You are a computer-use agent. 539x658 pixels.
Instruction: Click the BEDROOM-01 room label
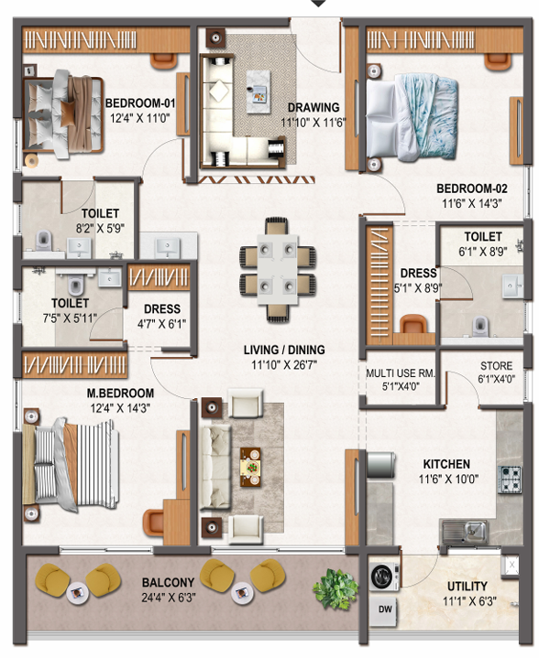[x=140, y=103]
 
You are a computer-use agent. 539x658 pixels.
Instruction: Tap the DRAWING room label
[x=313, y=107]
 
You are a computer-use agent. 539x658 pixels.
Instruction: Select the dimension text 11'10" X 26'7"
[x=284, y=364]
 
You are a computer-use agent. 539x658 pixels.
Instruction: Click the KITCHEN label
[x=446, y=464]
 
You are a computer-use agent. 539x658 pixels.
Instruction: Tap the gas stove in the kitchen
[x=510, y=480]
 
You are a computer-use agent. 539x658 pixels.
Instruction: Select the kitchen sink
[x=465, y=532]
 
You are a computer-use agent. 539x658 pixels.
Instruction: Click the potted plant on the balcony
[x=335, y=588]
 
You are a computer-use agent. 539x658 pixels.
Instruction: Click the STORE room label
[x=497, y=366]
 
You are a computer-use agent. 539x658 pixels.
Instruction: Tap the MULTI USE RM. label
[x=401, y=373]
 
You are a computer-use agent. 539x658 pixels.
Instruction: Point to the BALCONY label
[x=168, y=582]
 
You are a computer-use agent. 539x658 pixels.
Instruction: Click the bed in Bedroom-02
[x=412, y=118]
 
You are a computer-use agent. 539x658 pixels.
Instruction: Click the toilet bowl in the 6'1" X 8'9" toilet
[x=480, y=324]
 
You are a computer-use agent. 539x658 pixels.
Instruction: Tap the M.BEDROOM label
[x=120, y=394]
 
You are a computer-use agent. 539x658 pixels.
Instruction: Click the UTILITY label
[x=467, y=587]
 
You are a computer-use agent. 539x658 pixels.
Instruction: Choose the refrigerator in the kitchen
[x=381, y=465]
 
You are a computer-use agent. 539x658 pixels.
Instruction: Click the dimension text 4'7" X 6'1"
[x=162, y=324]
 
